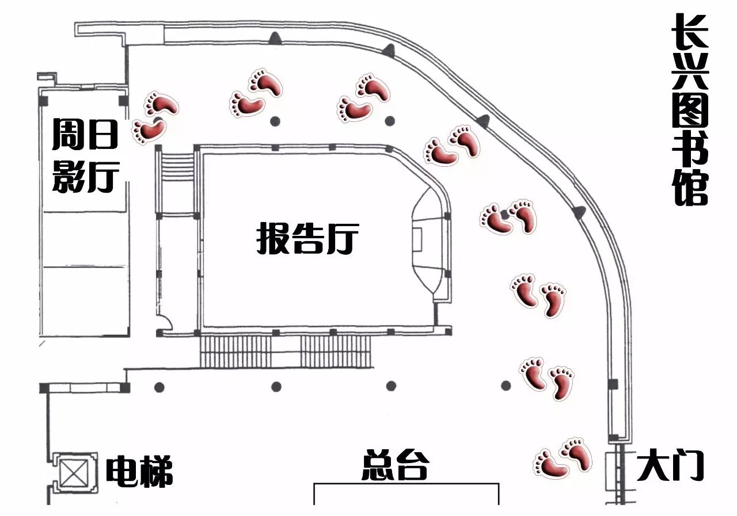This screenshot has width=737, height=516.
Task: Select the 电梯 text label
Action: click(139, 472)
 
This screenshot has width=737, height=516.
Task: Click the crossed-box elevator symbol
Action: click(74, 473)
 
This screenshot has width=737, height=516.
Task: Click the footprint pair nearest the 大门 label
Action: click(563, 458)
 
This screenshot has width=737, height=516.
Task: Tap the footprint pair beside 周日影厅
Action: click(154, 117)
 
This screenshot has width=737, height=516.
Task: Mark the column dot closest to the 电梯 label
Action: click(159, 387)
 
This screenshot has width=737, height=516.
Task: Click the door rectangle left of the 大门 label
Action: click(611, 469)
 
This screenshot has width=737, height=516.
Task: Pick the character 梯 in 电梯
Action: click(155, 472)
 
